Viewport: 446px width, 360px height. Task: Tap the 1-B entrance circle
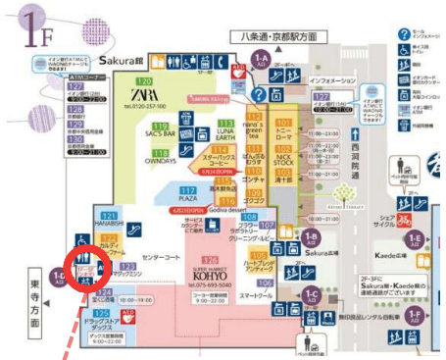click(x=311, y=237)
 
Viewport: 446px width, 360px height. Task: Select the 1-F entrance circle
click(x=417, y=315)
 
